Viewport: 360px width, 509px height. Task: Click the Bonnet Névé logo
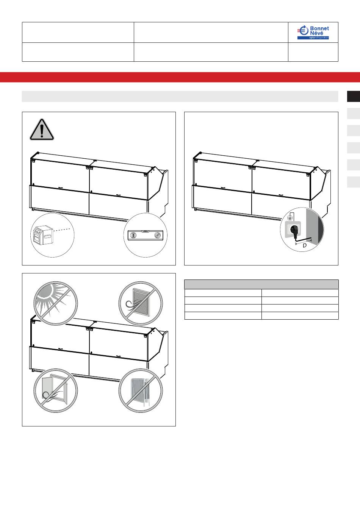click(313, 33)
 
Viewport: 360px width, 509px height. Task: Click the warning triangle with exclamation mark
click(42, 129)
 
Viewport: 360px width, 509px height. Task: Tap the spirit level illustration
click(145, 235)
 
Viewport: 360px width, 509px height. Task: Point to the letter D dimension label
click(305, 246)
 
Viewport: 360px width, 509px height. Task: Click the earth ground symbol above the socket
click(290, 218)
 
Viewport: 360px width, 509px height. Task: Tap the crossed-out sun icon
click(55, 303)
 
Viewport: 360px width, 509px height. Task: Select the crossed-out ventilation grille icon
click(140, 303)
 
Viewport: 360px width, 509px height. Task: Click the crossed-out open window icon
click(55, 390)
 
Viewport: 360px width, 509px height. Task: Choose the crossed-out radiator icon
click(140, 390)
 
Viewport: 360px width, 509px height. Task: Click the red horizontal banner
click(180, 77)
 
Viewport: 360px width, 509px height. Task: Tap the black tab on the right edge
click(354, 96)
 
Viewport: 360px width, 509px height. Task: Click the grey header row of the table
click(261, 284)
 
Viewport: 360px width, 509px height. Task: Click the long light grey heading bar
click(180, 96)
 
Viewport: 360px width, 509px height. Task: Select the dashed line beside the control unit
click(64, 229)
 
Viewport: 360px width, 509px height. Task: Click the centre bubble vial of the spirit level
click(145, 231)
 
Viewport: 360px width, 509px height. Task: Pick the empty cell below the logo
click(313, 52)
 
